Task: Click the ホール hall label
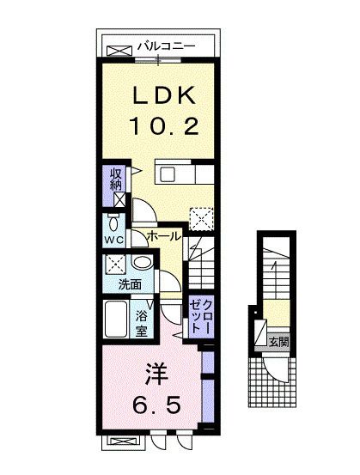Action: tap(163, 236)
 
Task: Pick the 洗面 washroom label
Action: tap(118, 284)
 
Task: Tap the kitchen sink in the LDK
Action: tap(168, 175)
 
